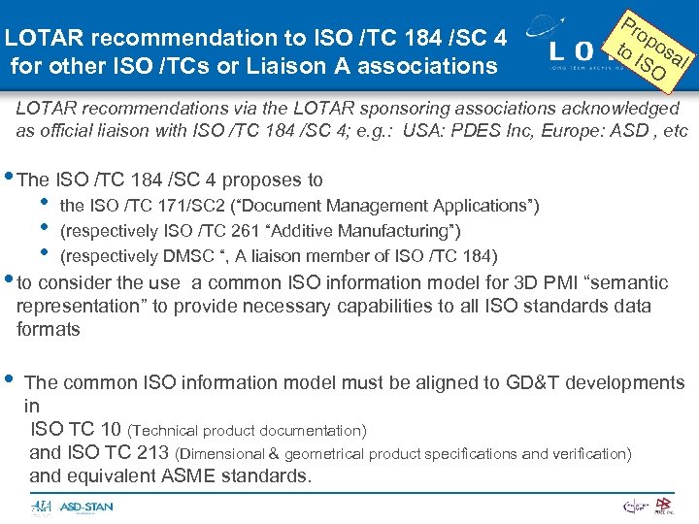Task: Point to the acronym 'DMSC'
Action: click(170, 256)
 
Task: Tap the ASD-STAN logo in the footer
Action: click(86, 507)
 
